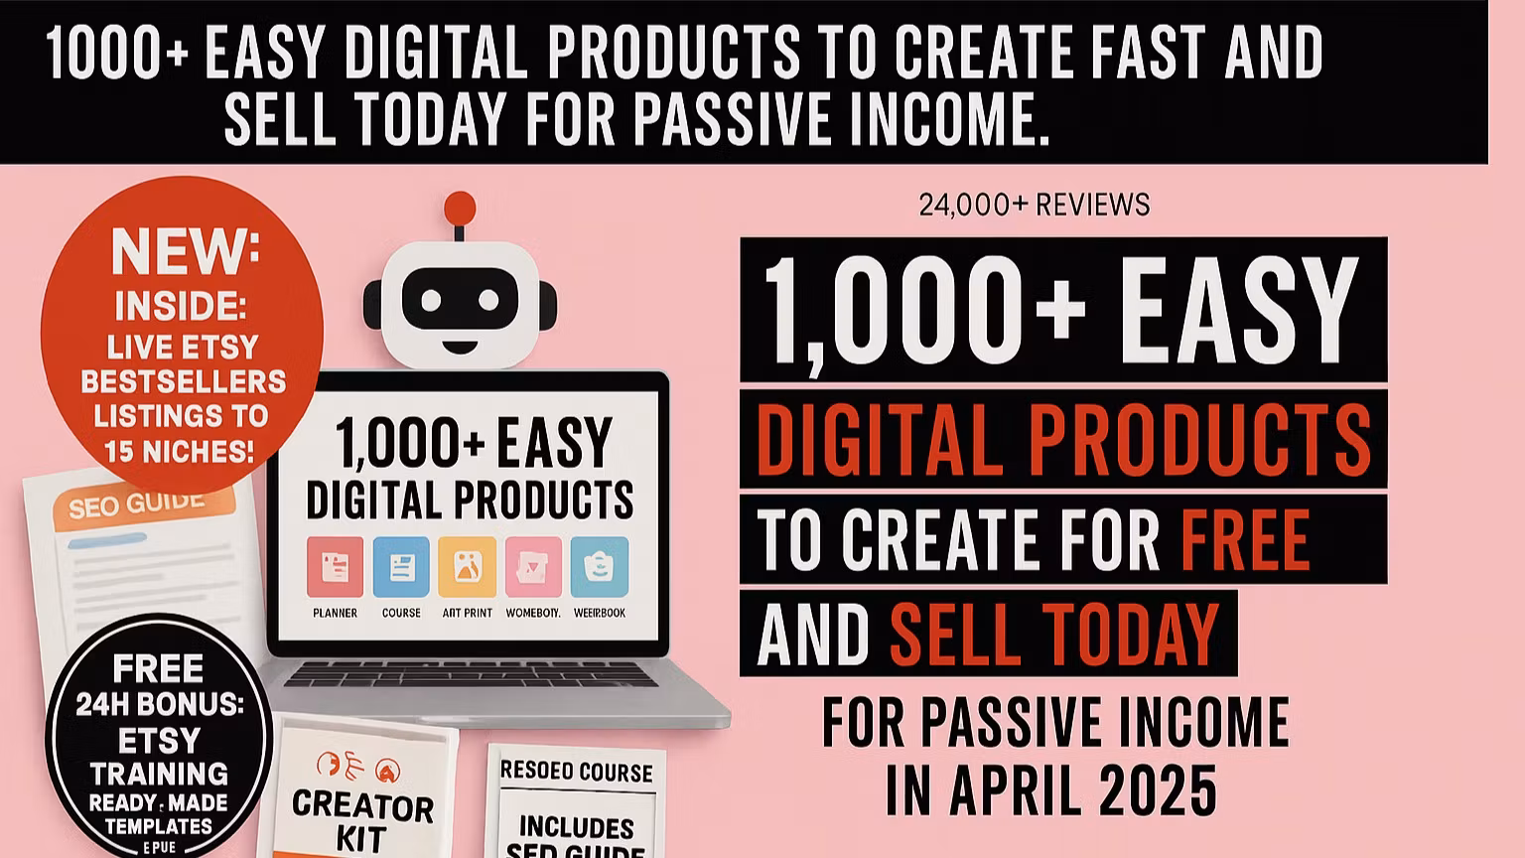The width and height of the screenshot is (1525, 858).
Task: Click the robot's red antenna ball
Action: click(460, 208)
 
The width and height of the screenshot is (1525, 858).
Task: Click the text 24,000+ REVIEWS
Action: click(1034, 205)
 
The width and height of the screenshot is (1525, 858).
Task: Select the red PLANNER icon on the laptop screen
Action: click(335, 567)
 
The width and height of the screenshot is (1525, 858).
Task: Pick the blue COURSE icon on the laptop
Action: click(401, 567)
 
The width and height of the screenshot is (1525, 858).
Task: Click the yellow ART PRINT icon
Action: click(467, 567)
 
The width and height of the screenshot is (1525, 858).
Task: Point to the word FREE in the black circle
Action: click(158, 668)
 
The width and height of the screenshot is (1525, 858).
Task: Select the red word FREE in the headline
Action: click(1245, 539)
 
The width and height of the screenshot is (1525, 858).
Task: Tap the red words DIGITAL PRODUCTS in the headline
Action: click(1062, 438)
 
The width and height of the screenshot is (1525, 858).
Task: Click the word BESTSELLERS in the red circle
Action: click(184, 381)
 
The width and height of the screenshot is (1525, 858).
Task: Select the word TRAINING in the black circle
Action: click(159, 773)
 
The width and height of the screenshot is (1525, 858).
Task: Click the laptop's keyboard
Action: click(472, 674)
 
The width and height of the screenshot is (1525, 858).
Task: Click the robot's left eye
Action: click(430, 299)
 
